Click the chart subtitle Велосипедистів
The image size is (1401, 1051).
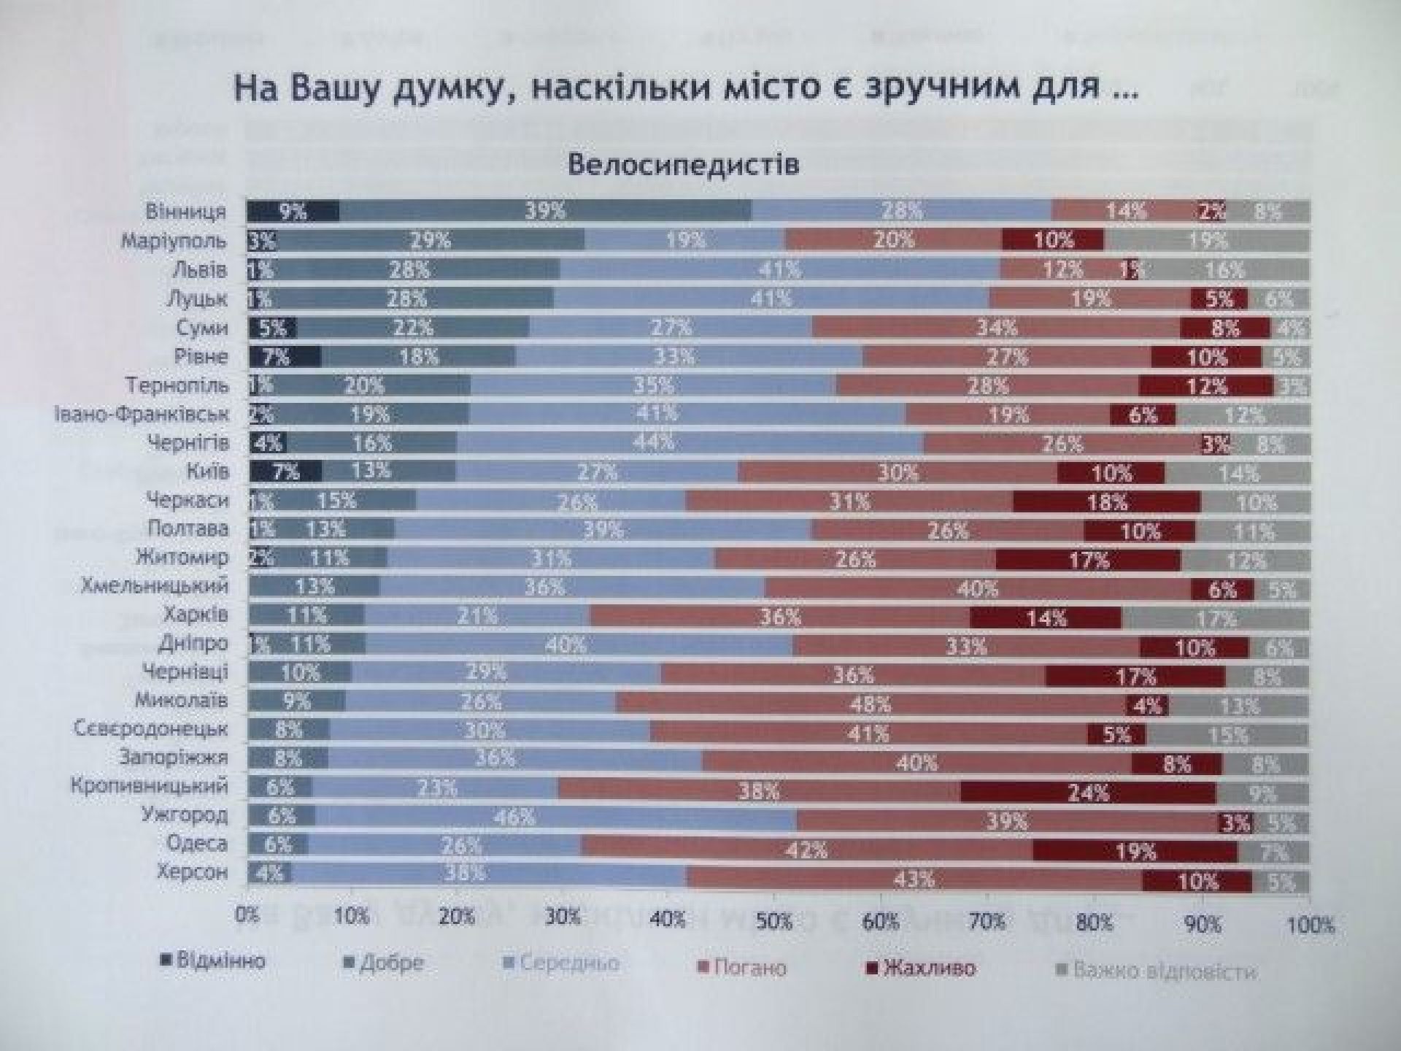click(x=683, y=164)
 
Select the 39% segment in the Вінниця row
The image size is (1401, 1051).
click(x=545, y=211)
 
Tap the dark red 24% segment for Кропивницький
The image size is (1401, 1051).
click(x=1088, y=793)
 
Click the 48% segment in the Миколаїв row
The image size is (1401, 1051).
click(x=871, y=704)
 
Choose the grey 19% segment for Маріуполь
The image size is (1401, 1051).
click(x=1208, y=240)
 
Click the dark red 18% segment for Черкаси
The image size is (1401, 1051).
click(x=1107, y=502)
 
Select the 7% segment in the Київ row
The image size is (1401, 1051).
click(x=285, y=471)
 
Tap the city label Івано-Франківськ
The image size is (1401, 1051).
click(x=142, y=415)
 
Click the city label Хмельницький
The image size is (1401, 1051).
click(x=155, y=586)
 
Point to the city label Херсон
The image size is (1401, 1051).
click(x=193, y=872)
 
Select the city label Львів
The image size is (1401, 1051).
click(x=199, y=270)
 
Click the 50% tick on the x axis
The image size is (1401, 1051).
click(x=774, y=922)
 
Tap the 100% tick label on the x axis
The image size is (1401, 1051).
click(x=1311, y=925)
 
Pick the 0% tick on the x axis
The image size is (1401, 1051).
click(x=247, y=915)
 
